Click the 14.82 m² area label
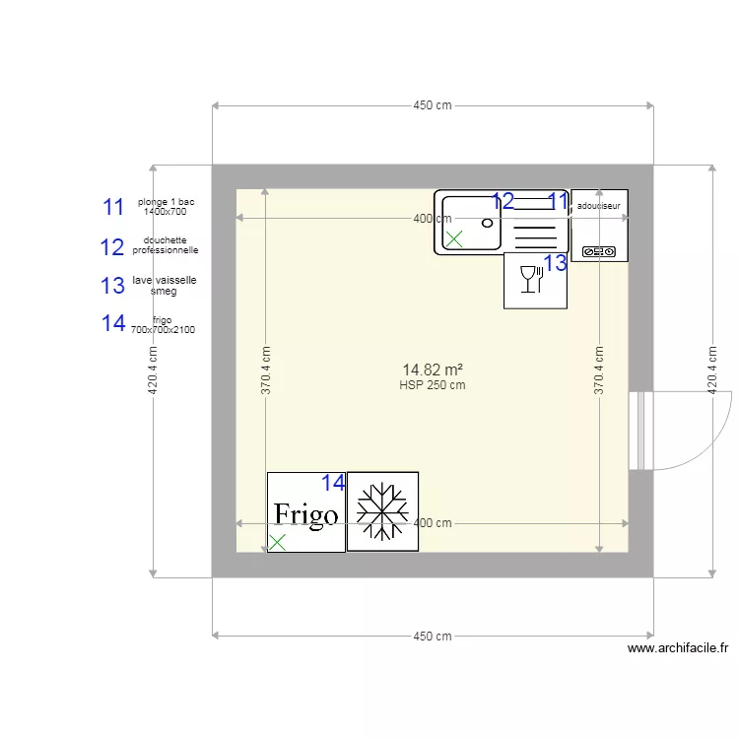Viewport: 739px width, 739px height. click(x=432, y=369)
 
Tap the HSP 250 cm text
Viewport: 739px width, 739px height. click(x=432, y=385)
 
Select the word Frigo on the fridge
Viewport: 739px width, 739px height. click(x=305, y=514)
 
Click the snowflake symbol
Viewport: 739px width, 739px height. click(x=382, y=511)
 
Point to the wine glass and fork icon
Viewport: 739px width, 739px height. click(x=530, y=280)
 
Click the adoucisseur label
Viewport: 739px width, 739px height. click(x=599, y=207)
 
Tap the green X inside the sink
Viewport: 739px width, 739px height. click(x=454, y=238)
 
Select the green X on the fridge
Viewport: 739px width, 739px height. click(x=278, y=541)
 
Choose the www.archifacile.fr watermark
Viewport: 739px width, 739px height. click(x=677, y=648)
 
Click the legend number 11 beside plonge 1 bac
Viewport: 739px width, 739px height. click(x=113, y=207)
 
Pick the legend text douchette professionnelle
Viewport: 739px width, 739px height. click(x=165, y=245)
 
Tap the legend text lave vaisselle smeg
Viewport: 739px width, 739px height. click(x=165, y=285)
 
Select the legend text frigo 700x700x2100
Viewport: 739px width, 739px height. click(x=163, y=324)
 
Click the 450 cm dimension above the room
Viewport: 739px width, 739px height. click(x=432, y=105)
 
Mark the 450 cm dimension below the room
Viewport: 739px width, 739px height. click(x=432, y=637)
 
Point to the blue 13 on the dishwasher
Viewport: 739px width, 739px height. click(x=556, y=263)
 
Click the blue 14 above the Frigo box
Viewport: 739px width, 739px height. click(x=334, y=483)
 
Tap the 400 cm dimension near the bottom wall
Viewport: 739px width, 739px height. click(x=432, y=523)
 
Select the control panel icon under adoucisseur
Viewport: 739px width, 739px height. click(x=599, y=251)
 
